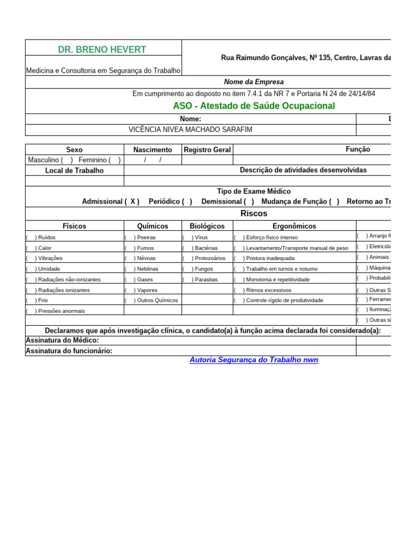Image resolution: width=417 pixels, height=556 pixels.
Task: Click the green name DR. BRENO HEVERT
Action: [x=102, y=49]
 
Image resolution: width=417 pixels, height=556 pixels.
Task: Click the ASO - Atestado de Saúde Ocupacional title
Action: [x=254, y=106]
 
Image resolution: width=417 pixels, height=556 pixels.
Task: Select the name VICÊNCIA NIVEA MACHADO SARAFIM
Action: [x=190, y=130]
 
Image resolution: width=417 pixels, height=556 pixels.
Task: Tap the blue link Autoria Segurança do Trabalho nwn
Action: [x=254, y=360]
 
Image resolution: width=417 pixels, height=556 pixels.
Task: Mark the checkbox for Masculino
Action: [x=67, y=160]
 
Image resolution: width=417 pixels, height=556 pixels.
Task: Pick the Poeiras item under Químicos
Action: [x=146, y=237]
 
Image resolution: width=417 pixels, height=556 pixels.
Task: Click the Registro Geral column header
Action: [x=207, y=150]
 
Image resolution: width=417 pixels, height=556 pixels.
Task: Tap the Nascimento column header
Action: [x=153, y=150]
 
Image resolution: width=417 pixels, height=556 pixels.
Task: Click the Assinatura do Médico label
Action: [x=62, y=340]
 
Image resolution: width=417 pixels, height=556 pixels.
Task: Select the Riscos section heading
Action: [x=254, y=213]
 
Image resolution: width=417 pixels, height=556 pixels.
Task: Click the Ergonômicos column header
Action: [x=294, y=226]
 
